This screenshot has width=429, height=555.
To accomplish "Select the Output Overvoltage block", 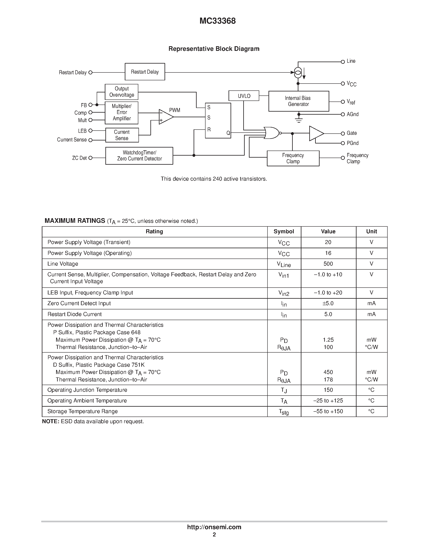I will (122, 92).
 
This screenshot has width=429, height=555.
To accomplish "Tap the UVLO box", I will (244, 96).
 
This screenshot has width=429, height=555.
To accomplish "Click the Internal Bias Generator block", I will (298, 101).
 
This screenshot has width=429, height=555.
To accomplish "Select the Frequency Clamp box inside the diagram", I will (293, 158).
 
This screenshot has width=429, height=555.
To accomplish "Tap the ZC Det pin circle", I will (90, 158).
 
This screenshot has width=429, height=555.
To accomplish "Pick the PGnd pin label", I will (352, 143).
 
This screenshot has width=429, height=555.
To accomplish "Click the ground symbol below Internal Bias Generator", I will (299, 120).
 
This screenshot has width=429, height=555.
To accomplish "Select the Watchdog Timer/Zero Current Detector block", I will (139, 156).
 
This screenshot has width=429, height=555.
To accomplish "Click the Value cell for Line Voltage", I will (328, 264).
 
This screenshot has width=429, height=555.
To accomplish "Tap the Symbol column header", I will (284, 231).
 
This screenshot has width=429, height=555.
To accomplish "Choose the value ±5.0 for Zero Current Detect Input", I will (328, 303).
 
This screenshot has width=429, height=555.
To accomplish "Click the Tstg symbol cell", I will (284, 412).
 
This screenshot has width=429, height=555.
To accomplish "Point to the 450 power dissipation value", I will (328, 372).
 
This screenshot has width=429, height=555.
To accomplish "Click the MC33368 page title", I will (218, 21).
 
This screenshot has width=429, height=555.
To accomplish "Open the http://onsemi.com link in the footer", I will (214, 527).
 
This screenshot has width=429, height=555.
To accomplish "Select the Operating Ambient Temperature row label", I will (87, 401).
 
